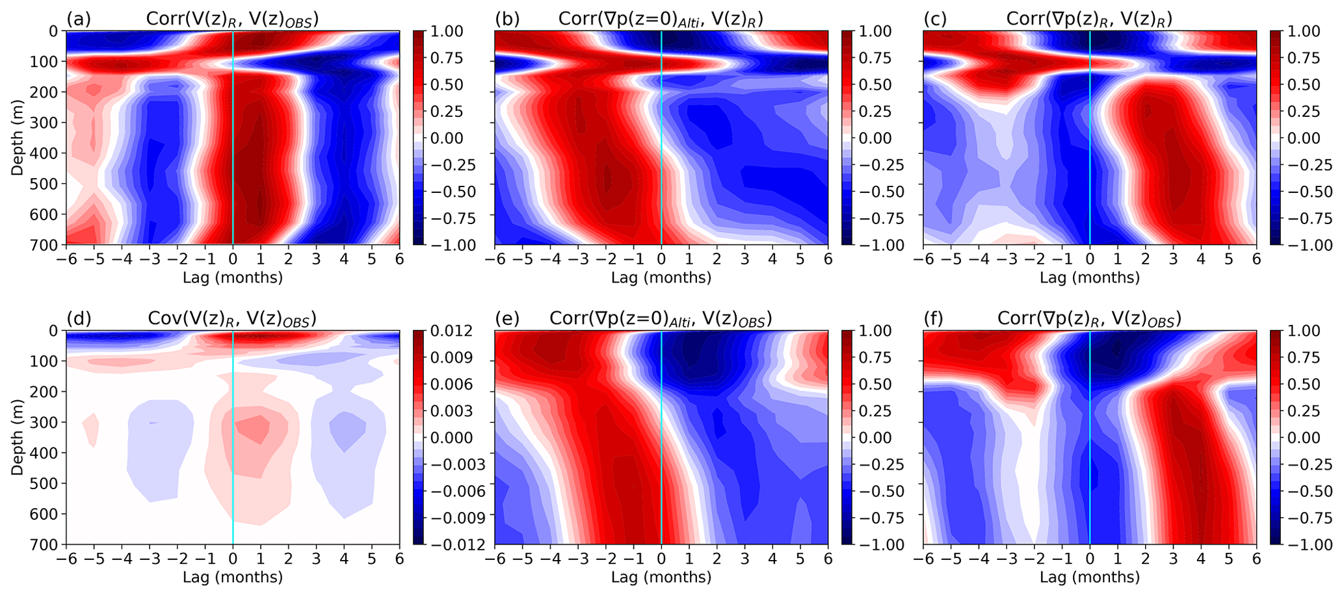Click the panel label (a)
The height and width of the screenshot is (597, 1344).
pyautogui.click(x=78, y=19)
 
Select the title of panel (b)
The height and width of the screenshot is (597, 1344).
pyautogui.click(x=661, y=19)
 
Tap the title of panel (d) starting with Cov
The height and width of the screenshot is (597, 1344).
pyautogui.click(x=232, y=318)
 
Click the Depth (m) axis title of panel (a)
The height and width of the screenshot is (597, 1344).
pyautogui.click(x=18, y=138)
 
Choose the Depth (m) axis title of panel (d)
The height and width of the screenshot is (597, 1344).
pyautogui.click(x=18, y=437)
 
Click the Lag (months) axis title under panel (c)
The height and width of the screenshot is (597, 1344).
pyautogui.click(x=1090, y=277)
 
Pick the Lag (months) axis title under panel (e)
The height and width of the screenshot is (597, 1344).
pyautogui.click(x=661, y=577)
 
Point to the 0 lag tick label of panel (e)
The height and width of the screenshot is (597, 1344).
pyautogui.click(x=661, y=559)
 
